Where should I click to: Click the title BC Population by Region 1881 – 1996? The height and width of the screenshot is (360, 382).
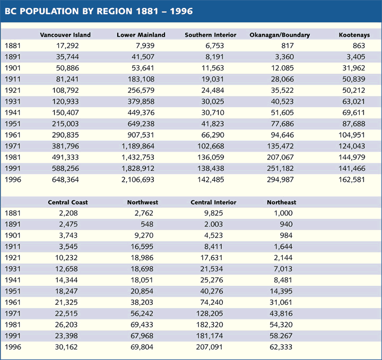click(99, 11)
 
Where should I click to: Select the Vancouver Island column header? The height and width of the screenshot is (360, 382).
click(65, 35)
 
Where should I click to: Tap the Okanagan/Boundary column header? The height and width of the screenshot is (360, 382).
click(280, 35)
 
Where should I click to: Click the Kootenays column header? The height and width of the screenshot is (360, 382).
click(354, 35)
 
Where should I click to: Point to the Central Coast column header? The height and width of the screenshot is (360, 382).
click(68, 203)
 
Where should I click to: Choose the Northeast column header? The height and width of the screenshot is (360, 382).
click(282, 203)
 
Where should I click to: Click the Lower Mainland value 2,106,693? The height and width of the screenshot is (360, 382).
click(138, 180)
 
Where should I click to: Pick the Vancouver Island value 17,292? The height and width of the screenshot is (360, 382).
click(67, 46)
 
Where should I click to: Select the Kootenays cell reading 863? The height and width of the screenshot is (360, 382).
click(359, 46)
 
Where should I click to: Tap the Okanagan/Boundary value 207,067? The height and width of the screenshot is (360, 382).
click(281, 157)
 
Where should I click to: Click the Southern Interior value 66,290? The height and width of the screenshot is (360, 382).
click(212, 135)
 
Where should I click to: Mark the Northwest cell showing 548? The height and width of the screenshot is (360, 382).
click(147, 224)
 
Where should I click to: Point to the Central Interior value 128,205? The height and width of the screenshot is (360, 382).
click(210, 313)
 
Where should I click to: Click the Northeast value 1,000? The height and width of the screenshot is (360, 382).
click(283, 213)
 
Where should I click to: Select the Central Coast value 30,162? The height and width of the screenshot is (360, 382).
click(66, 347)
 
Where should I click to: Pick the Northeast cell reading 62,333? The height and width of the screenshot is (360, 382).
click(281, 347)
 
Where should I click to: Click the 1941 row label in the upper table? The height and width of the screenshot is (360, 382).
click(13, 112)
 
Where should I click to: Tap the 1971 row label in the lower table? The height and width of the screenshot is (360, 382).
click(13, 313)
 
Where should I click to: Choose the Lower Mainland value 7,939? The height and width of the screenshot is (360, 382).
click(145, 46)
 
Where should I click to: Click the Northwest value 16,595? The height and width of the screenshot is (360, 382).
click(142, 247)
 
